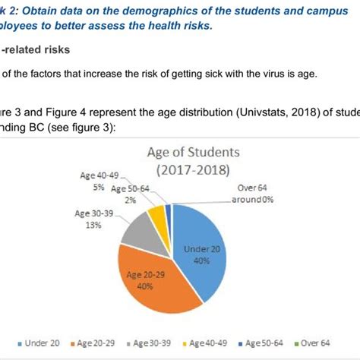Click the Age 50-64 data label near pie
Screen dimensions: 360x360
click(132, 194)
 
